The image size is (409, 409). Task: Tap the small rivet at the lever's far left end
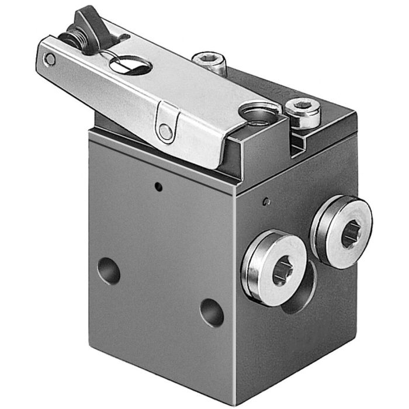pyautogui.click(x=51, y=59)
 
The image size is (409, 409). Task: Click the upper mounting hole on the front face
pyautogui.click(x=109, y=271)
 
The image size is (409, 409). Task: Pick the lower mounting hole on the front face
pyautogui.click(x=212, y=313)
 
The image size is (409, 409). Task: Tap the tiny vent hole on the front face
pyautogui.click(x=157, y=187)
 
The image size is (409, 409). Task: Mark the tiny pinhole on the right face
pyautogui.click(x=266, y=202)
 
